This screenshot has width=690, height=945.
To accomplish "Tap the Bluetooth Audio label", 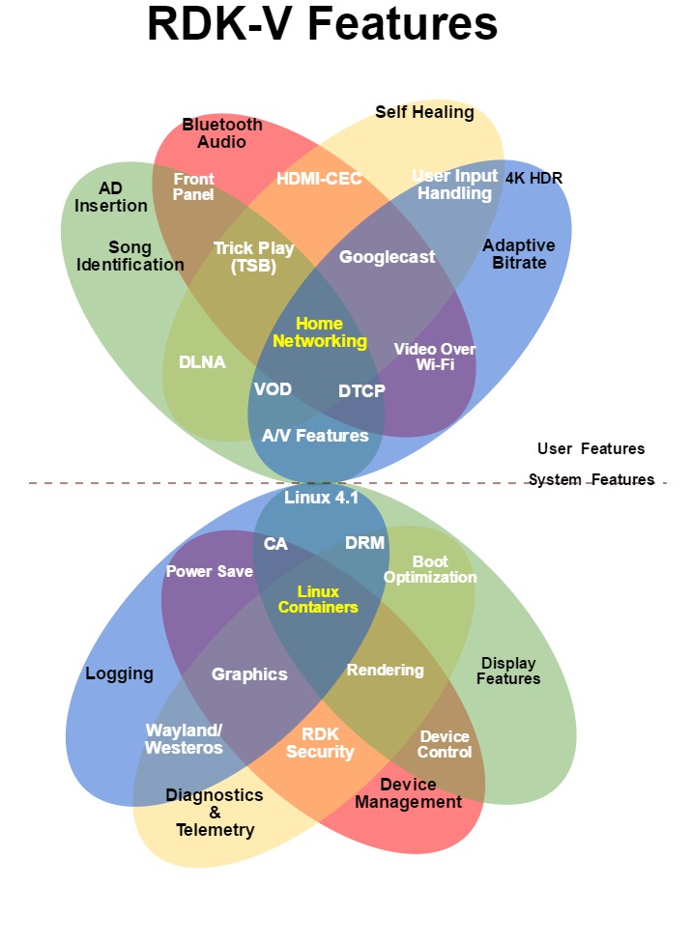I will tap(222, 133).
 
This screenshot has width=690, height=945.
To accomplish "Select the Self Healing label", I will tap(424, 112).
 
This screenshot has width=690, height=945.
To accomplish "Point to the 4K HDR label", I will tap(533, 178).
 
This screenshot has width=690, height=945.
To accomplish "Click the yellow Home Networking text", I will tap(320, 332).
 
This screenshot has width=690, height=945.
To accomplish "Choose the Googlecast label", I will tap(387, 257).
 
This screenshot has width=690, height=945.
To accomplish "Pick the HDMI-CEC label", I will tap(319, 179).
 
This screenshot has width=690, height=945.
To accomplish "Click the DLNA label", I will tap(202, 362).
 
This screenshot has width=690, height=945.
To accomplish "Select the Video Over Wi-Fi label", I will tap(435, 357).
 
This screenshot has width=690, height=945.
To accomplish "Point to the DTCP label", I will tap(361, 390).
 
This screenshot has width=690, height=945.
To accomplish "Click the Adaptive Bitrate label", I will tap(519, 254).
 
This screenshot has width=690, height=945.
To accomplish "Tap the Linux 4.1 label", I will tap(322, 498).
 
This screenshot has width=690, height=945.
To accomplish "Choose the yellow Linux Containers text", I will tap(318, 599).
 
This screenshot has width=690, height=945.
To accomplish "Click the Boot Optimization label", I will tap(430, 569).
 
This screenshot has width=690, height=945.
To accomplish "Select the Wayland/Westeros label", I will tap(184, 738).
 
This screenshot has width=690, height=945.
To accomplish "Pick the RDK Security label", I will tap(320, 743).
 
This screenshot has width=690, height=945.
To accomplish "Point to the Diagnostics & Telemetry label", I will tap(215, 812).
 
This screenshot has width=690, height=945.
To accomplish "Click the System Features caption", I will tap(591, 479).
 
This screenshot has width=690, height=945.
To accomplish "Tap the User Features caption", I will tap(590, 448).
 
